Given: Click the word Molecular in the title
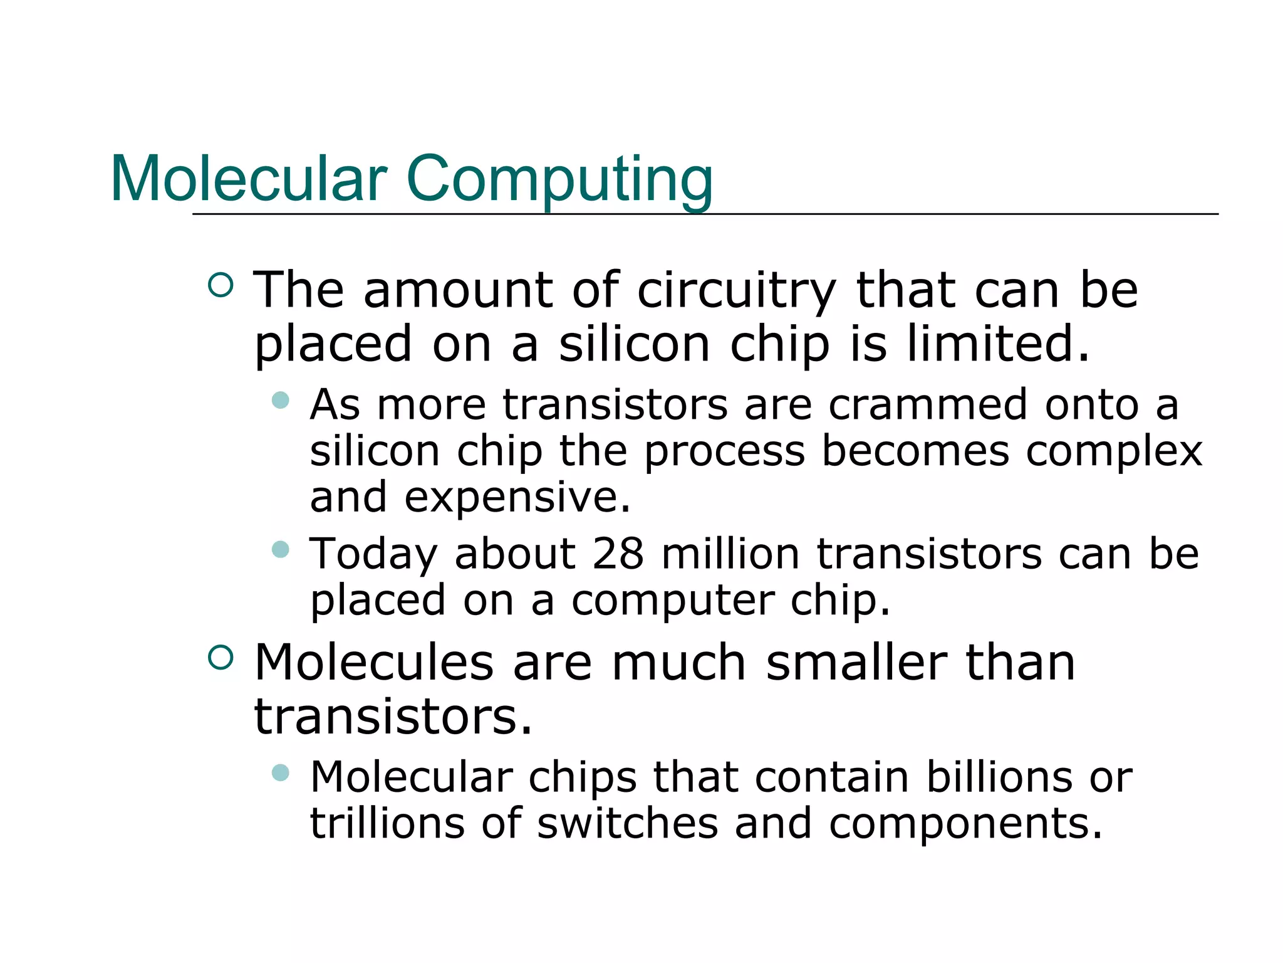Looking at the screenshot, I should (x=249, y=179).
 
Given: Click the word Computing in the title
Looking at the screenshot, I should (x=559, y=179).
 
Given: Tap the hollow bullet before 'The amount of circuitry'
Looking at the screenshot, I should (x=220, y=285).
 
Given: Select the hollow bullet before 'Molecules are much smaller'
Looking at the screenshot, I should (x=220, y=658).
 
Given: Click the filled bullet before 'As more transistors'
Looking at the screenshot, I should (x=281, y=400).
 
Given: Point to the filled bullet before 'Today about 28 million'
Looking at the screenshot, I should (x=281, y=550).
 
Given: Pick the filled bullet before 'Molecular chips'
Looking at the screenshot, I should (x=281, y=772).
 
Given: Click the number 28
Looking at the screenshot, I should (x=618, y=554).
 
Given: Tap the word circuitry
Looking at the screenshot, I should (x=737, y=291).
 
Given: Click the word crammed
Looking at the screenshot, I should (x=928, y=404).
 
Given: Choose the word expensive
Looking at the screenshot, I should (x=517, y=497).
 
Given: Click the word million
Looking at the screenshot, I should (x=730, y=554).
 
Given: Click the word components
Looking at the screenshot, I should (x=965, y=824).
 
